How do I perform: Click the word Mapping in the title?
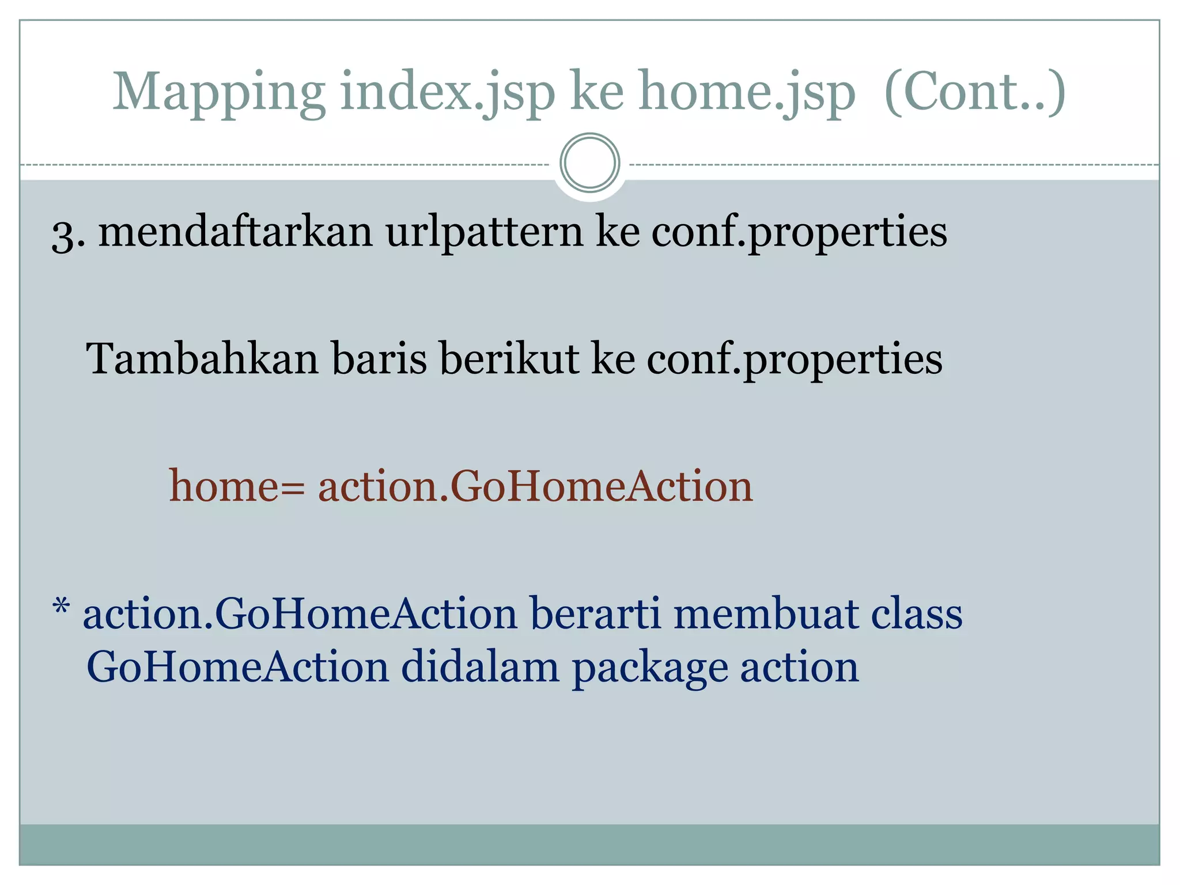[219, 92]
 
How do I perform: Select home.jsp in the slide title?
[747, 92]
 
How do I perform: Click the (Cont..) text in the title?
[974, 92]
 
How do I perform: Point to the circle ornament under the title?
[589, 163]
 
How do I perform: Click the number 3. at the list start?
[68, 233]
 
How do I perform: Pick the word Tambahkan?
[202, 358]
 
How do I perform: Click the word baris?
[379, 358]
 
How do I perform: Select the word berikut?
[509, 358]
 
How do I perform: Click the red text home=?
[236, 486]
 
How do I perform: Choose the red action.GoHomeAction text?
[535, 486]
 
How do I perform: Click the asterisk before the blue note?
[61, 608]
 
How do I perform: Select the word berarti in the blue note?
[595, 613]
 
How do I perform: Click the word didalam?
[479, 667]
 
